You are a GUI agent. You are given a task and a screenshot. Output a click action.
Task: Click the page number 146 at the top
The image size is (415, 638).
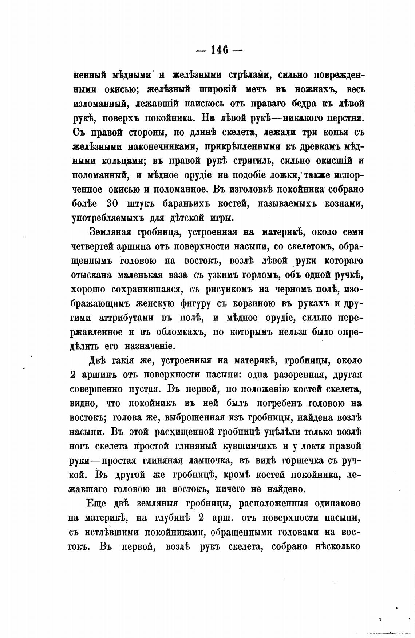(x=219, y=50)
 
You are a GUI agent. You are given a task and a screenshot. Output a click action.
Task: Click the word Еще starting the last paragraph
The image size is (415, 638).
(x=98, y=504)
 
